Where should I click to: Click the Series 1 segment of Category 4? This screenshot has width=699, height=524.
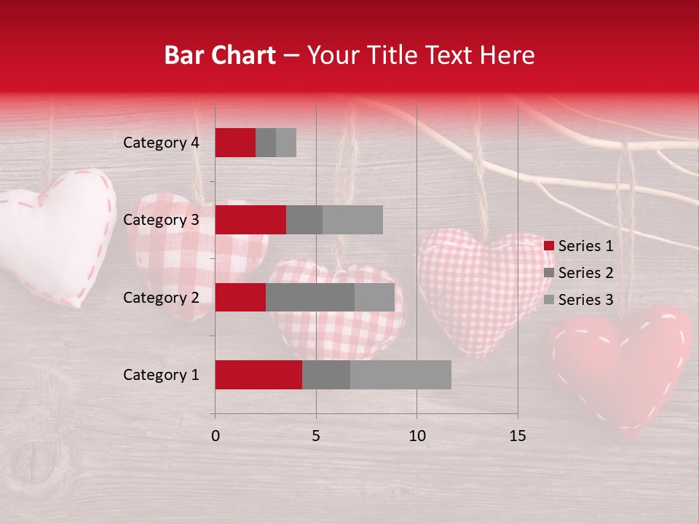[235, 143]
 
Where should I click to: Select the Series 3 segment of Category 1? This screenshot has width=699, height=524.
[400, 375]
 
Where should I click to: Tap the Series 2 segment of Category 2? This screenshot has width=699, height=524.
[310, 297]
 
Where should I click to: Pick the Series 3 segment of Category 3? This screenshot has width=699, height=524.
[352, 220]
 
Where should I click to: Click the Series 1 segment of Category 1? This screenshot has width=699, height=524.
[258, 375]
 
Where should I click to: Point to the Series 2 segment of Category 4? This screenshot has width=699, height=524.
[266, 143]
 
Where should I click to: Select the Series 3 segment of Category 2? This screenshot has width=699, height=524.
[374, 297]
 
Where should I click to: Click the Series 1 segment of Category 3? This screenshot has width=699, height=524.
[250, 220]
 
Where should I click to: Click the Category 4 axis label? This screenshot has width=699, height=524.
[161, 143]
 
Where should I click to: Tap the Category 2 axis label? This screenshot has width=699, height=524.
[161, 297]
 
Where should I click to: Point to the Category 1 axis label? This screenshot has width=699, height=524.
[161, 375]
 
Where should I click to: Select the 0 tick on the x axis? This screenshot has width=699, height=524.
[216, 436]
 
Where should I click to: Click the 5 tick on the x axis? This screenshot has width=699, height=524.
[316, 436]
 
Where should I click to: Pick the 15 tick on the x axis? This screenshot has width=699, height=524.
[517, 436]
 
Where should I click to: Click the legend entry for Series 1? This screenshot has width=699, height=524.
[579, 246]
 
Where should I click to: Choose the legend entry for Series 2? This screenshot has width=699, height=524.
[579, 273]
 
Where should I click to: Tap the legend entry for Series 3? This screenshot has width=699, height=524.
[579, 300]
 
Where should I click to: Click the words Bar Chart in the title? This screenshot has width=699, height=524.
[220, 55]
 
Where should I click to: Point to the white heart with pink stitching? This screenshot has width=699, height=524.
[58, 233]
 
